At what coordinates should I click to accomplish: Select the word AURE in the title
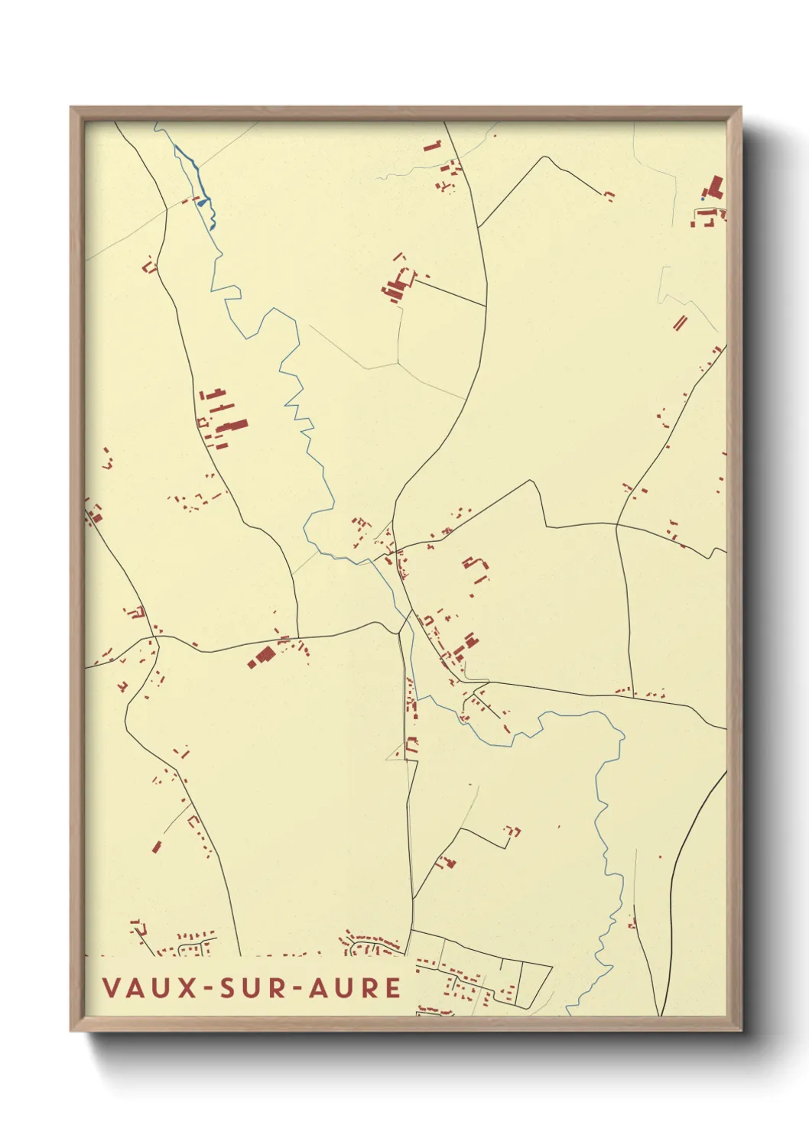(x=355, y=987)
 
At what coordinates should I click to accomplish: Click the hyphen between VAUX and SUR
(x=208, y=988)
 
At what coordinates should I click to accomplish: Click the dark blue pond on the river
(x=202, y=203)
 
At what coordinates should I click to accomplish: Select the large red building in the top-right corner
(x=715, y=187)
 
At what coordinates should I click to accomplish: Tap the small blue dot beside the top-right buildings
(x=703, y=199)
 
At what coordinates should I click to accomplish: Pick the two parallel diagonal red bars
(x=679, y=322)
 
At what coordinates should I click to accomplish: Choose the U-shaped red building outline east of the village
(x=476, y=565)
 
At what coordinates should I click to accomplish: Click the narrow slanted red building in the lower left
(x=157, y=847)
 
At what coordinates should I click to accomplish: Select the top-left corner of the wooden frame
(x=72, y=109)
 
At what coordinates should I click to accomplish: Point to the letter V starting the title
(x=110, y=987)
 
